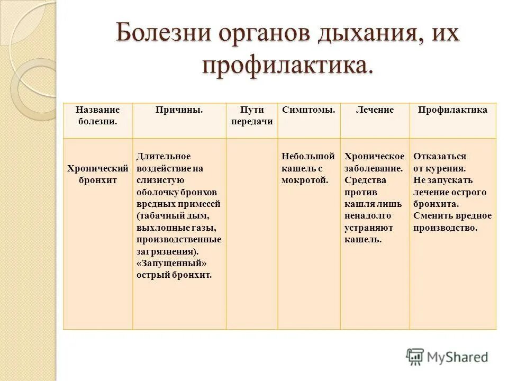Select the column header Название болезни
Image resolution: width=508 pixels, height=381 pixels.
point(97,115)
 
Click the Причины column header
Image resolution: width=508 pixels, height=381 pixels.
point(179,110)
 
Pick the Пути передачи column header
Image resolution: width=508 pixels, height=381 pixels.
point(252,115)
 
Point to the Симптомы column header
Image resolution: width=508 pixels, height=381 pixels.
point(309,110)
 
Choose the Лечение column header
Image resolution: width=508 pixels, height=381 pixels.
point(375,110)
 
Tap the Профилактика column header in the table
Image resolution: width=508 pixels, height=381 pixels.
point(452,110)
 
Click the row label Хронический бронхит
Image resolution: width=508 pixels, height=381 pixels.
point(97,174)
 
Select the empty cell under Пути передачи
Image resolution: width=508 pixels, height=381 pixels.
point(252,233)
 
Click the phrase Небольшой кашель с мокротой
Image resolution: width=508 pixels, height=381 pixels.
point(309,168)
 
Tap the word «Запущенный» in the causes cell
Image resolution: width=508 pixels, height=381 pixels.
point(171,263)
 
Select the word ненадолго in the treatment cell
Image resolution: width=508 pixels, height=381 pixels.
point(368,216)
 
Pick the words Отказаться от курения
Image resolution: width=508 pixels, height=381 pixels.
point(440,162)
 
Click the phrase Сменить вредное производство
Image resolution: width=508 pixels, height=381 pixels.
point(452,222)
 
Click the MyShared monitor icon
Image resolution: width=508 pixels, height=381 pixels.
point(415,357)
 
